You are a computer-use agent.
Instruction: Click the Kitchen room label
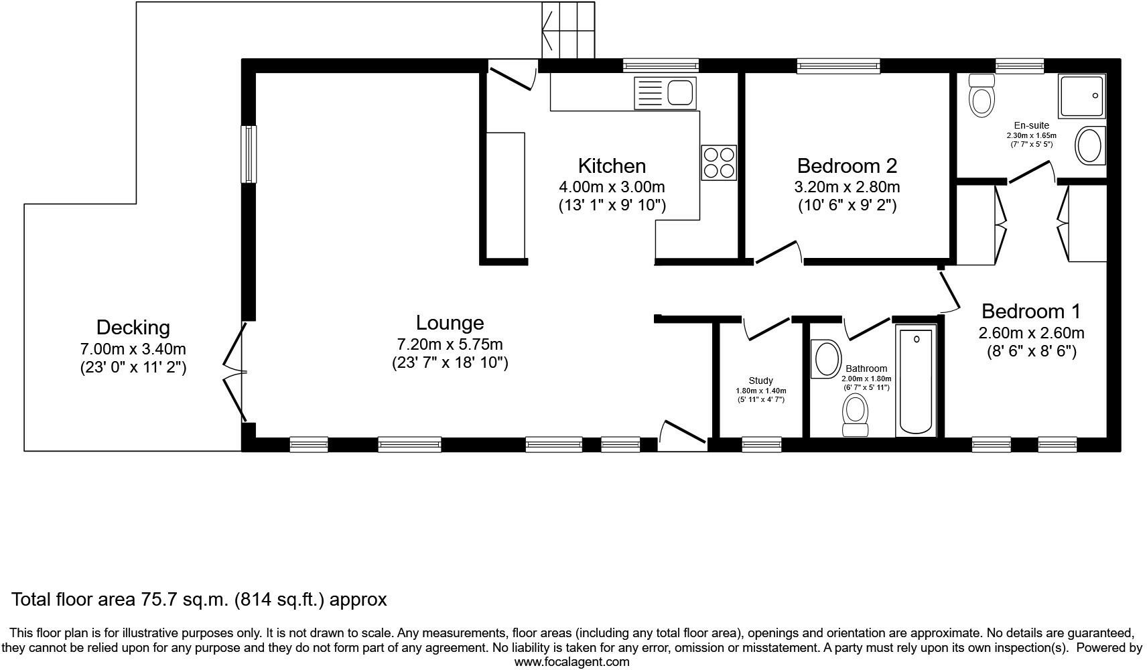[612, 165]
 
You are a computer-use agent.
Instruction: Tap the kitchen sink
[666, 92]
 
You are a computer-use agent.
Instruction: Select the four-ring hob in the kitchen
[719, 162]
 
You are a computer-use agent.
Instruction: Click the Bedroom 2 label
[847, 165]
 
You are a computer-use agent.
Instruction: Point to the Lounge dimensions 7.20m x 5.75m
[450, 344]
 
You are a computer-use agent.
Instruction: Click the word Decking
[133, 327]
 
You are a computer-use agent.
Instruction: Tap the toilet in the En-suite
[982, 96]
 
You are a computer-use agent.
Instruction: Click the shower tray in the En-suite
[1081, 95]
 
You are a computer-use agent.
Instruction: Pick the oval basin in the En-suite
[1089, 145]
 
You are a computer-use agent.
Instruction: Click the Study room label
[760, 381]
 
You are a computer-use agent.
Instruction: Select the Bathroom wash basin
[826, 359]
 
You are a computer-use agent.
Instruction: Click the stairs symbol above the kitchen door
[568, 30]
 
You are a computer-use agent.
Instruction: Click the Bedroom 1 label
[1030, 312]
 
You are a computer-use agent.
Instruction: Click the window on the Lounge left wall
[249, 153]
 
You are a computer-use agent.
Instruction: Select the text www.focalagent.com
[571, 662]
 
